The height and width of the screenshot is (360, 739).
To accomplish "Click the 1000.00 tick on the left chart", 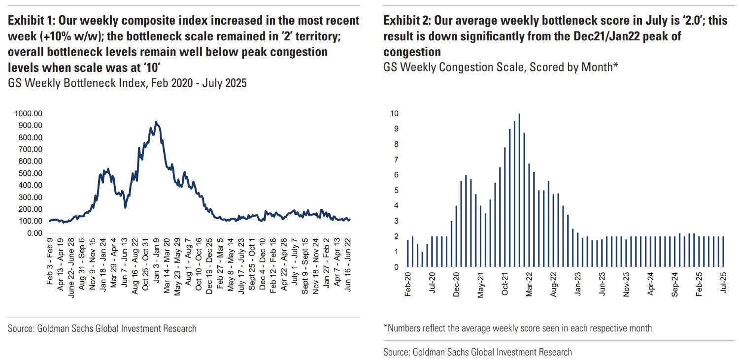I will pos(28,113).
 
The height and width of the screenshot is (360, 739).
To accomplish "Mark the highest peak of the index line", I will pos(156,122).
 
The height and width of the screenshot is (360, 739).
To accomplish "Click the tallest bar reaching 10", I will pos(519,190).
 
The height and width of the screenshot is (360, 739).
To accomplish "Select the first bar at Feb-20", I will pos(408,254).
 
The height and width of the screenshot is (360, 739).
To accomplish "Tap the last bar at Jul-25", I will pos(723,252).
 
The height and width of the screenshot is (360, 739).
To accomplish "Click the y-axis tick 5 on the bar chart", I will pos(395,191).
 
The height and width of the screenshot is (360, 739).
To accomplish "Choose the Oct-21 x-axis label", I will pos(505,285).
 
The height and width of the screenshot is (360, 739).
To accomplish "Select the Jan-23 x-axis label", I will pos(578,285).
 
